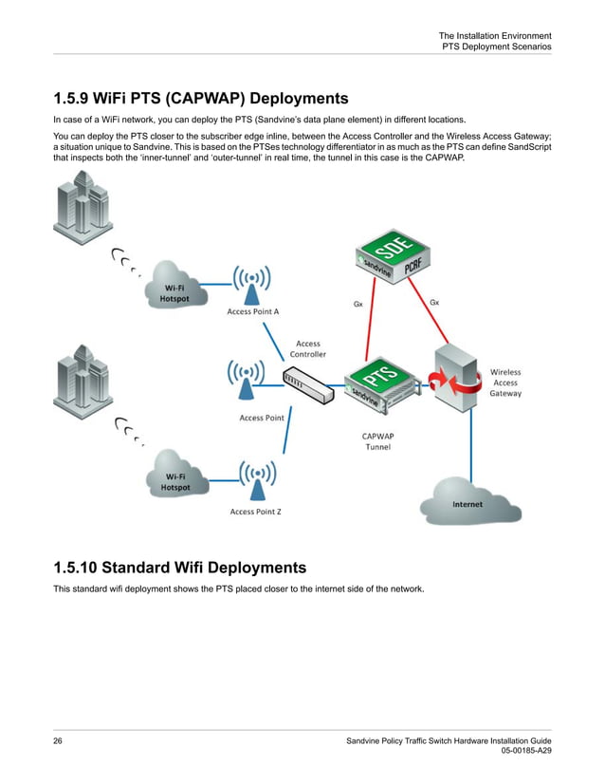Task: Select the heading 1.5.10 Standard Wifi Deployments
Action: (179, 569)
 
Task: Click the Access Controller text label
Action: (307, 348)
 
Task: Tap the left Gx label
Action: (357, 305)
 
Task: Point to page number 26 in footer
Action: (58, 740)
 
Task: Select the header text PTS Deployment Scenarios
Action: (496, 47)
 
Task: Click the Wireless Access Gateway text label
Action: (504, 383)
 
